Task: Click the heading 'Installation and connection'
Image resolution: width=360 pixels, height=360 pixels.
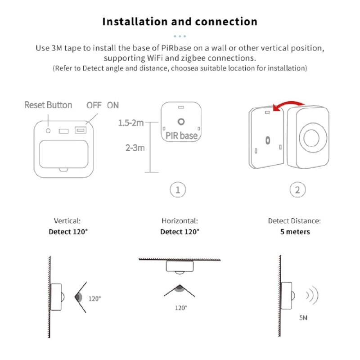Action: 180,22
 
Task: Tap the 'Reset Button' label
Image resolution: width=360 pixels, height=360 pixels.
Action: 48,105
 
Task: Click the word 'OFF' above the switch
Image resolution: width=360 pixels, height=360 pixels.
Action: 94,105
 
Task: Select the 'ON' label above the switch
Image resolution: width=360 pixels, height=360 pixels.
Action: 113,105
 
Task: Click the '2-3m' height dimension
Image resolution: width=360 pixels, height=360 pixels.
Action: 135,148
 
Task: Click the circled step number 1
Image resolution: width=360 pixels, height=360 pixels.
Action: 178,190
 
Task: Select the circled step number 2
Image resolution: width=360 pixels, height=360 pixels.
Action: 297,190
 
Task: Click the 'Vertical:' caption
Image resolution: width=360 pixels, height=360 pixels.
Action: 67,221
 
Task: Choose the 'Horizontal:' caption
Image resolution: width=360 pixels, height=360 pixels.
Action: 180,221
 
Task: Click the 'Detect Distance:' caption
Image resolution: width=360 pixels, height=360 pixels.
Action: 294,221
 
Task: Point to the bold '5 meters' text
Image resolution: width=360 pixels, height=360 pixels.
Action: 294,232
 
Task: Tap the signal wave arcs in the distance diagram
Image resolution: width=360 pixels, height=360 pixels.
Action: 312,296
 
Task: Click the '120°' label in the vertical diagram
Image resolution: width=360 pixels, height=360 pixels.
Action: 94,298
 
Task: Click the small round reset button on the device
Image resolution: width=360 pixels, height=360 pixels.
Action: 48,130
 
